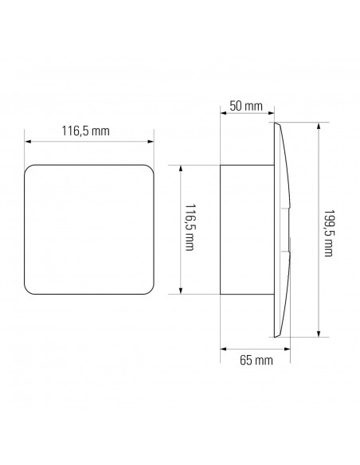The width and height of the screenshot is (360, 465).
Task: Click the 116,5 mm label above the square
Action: pyautogui.click(x=85, y=131)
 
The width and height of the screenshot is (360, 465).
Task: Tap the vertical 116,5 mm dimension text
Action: pyautogui.click(x=190, y=227)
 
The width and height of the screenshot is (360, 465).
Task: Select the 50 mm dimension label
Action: pyautogui.click(x=246, y=106)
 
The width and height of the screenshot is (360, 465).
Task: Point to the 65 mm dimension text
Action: pyautogui.click(x=256, y=361)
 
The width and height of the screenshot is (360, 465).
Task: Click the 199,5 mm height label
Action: pyautogui.click(x=329, y=233)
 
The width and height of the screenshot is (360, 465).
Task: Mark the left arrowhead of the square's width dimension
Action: pyautogui.click(x=28, y=142)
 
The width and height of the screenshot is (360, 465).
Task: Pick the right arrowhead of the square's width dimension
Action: pyautogui.click(x=151, y=142)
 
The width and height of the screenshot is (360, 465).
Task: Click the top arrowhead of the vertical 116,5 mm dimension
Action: pyautogui.click(x=181, y=168)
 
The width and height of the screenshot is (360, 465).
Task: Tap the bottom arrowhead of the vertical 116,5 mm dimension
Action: pyautogui.click(x=181, y=291)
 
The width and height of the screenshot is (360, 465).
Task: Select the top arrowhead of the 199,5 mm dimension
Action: pyautogui.click(x=319, y=126)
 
